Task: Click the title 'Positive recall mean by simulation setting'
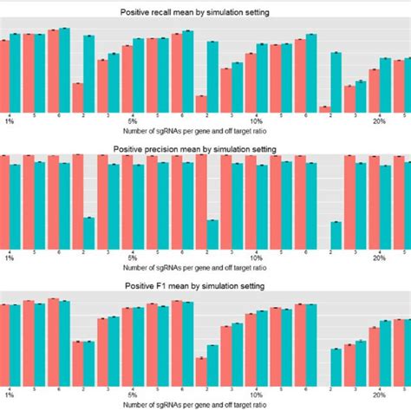(x=205, y=12)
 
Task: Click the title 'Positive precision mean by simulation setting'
(x=205, y=148)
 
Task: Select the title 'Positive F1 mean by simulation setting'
(x=205, y=285)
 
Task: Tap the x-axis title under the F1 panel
(x=205, y=404)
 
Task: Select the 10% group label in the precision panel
(x=256, y=258)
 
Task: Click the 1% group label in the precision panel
(x=10, y=258)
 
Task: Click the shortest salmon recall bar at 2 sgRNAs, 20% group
(x=325, y=108)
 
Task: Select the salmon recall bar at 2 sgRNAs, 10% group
(x=201, y=102)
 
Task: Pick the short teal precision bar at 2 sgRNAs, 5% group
(x=89, y=232)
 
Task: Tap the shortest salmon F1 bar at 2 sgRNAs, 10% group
(x=201, y=371)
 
